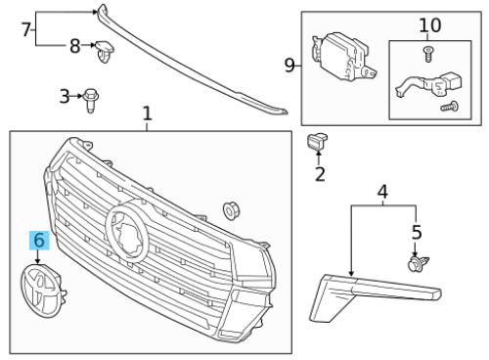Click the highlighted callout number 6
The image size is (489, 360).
click(39, 241)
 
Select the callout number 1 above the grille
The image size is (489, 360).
click(148, 113)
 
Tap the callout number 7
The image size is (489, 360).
click(26, 29)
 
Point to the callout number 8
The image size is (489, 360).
click(75, 46)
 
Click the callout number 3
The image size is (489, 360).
click(65, 96)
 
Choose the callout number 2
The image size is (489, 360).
click(320, 174)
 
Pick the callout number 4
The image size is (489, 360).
click(382, 192)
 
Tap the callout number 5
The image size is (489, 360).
click(417, 232)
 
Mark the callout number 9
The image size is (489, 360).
click(289, 66)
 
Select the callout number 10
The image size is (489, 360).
click(430, 25)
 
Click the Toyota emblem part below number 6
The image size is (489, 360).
click(43, 291)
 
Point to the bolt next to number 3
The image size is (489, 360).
click(91, 100)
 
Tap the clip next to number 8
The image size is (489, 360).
click(105, 51)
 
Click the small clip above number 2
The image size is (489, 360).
click(317, 142)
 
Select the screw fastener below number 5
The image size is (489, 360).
click(419, 263)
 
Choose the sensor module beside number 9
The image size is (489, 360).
click(343, 56)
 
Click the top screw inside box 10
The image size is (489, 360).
click(428, 54)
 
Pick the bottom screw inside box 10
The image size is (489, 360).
click(450, 107)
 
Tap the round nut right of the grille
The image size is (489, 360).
click(231, 210)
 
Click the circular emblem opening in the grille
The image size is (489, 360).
click(126, 231)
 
